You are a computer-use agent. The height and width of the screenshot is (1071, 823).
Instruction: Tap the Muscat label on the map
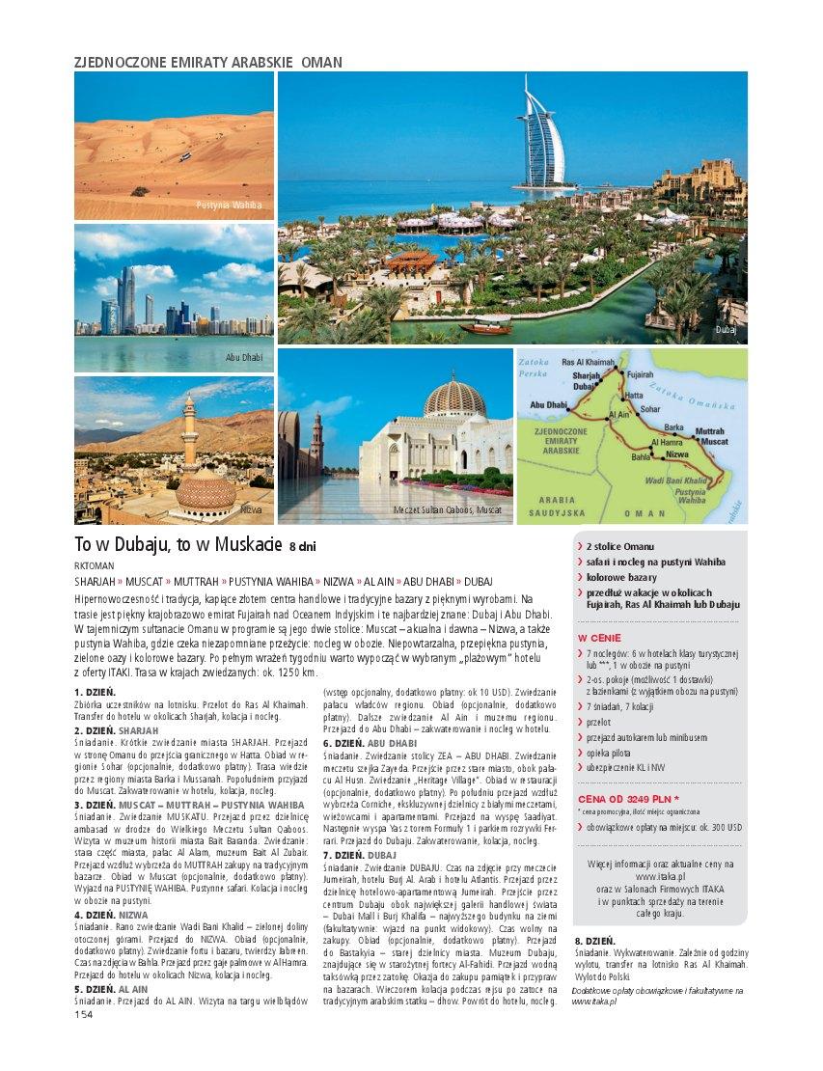click(x=714, y=441)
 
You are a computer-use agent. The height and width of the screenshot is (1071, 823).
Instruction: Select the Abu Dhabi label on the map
click(x=547, y=405)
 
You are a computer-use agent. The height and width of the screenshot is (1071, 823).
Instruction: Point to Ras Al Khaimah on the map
click(x=588, y=363)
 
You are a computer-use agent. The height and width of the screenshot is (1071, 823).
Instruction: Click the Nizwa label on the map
click(x=679, y=453)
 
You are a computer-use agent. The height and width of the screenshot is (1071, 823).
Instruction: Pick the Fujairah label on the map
click(x=640, y=373)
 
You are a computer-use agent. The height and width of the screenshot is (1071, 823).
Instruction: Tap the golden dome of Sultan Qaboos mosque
click(x=454, y=397)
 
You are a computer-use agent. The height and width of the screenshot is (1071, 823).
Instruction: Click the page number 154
click(x=83, y=1014)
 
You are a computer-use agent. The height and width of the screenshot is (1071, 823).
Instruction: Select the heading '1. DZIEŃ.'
click(x=95, y=692)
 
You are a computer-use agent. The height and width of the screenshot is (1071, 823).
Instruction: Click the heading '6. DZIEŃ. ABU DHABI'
click(x=370, y=744)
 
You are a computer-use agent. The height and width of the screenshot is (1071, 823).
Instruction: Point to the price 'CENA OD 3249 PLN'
click(x=627, y=799)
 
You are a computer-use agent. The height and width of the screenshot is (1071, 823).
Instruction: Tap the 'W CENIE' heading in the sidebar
click(x=599, y=638)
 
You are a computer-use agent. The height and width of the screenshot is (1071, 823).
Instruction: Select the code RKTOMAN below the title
click(x=94, y=565)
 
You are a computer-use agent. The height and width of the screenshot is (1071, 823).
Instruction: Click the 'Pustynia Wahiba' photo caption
click(x=229, y=205)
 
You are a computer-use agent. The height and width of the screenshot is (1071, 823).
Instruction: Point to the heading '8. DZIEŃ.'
click(x=595, y=940)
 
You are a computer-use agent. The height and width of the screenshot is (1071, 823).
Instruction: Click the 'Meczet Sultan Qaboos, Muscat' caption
click(x=448, y=509)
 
